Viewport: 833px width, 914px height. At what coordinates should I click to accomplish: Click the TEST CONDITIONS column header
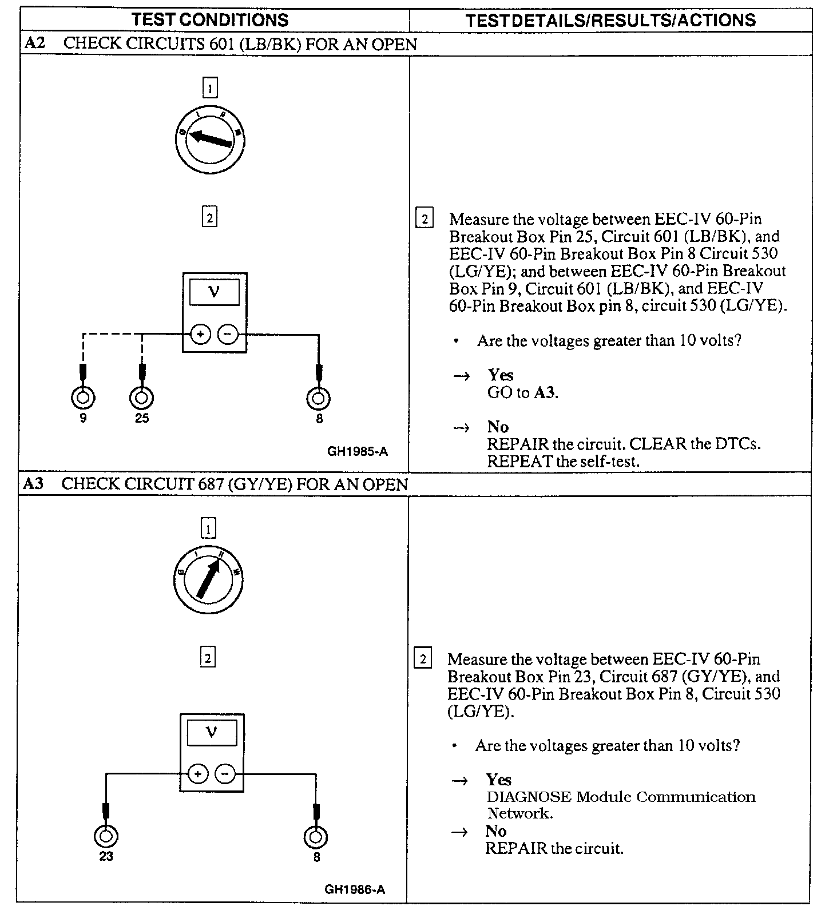pyautogui.click(x=210, y=20)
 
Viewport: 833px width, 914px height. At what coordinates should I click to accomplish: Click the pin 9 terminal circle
pyautogui.click(x=83, y=398)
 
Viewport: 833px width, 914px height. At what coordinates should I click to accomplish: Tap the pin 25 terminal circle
pyautogui.click(x=142, y=398)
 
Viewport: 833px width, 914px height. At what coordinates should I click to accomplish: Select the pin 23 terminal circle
pyautogui.click(x=106, y=837)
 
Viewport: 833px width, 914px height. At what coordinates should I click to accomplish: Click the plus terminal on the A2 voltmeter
pyautogui.click(x=200, y=334)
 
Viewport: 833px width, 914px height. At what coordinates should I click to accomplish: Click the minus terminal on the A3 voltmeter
pyautogui.click(x=225, y=774)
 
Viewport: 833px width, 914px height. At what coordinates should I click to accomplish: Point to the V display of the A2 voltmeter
pyautogui.click(x=215, y=292)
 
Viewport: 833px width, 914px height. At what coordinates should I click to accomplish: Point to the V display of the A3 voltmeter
pyautogui.click(x=212, y=733)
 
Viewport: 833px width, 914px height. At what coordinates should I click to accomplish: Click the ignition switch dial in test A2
pyautogui.click(x=210, y=139)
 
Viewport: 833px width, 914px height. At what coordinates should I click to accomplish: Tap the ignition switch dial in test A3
pyautogui.click(x=208, y=579)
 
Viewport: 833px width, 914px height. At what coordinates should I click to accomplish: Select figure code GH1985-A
pyautogui.click(x=358, y=451)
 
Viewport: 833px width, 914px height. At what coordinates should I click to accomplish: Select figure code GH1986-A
pyautogui.click(x=355, y=889)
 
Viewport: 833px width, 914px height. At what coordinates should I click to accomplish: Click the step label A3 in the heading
pyautogui.click(x=33, y=484)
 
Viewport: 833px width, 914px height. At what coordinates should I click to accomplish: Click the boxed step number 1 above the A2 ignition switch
pyautogui.click(x=210, y=88)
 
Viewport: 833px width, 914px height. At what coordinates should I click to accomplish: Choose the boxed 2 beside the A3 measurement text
pyautogui.click(x=422, y=659)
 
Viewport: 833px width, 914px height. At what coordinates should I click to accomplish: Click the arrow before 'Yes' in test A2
pyautogui.click(x=461, y=376)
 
